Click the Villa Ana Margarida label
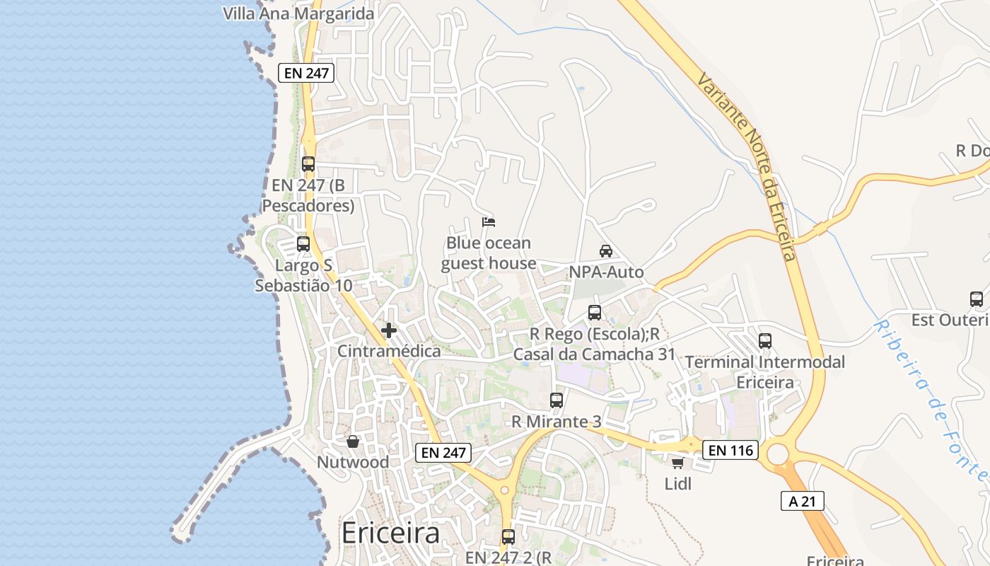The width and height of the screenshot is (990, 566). coord(298,13)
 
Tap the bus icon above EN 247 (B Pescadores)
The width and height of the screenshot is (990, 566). coord(308,164)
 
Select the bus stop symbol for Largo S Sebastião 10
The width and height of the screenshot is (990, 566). coord(303,244)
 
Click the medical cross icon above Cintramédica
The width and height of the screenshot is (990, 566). coord(388,330)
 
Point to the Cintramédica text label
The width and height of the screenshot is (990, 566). coord(389,351)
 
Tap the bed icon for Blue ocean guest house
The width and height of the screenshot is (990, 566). coord(488,222)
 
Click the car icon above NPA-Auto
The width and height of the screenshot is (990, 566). coord(606,251)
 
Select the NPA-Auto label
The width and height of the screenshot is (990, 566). coord(606,272)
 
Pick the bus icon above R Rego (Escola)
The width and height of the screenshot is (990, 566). coord(595,313)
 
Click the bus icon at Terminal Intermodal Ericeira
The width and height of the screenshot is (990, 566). coord(765,341)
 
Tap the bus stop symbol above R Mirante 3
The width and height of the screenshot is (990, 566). coord(557,400)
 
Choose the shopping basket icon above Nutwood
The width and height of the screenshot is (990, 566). coord(353,441)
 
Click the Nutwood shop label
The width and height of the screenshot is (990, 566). coord(353,462)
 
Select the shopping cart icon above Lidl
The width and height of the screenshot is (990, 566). coord(677,463)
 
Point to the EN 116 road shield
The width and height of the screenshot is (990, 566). coord(730,449)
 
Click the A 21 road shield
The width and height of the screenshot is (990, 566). coord(803,502)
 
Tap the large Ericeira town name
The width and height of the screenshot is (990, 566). coord(390,533)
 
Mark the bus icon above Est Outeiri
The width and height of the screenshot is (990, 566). coord(977,299)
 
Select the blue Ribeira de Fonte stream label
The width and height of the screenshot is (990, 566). coord(931,400)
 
